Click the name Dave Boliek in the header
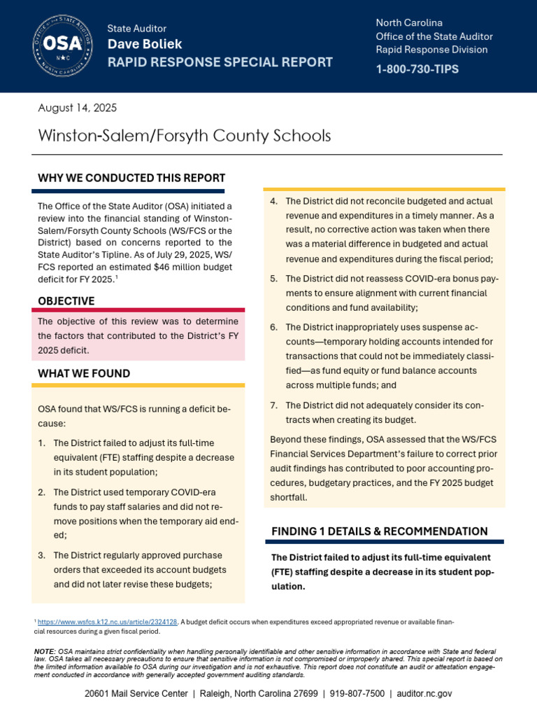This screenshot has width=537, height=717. click(x=145, y=44)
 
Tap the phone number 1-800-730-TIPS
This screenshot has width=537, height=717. click(x=418, y=69)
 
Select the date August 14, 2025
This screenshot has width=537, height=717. click(x=77, y=108)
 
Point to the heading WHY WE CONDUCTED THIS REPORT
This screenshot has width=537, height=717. click(x=131, y=178)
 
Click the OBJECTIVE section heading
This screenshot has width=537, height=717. click(x=66, y=301)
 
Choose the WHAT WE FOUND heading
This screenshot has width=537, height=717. click(x=84, y=374)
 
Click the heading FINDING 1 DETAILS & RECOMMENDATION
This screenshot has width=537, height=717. click(x=379, y=531)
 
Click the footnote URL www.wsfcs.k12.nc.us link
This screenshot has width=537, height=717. click(x=107, y=621)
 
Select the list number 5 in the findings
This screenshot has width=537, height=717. click(x=273, y=279)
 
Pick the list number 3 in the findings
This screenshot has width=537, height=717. click(x=42, y=556)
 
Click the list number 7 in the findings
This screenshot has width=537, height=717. click(x=273, y=406)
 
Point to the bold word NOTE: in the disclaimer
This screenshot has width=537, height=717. click(x=46, y=651)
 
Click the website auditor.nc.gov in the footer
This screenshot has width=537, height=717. click(x=424, y=693)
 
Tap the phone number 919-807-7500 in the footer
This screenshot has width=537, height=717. click(x=358, y=693)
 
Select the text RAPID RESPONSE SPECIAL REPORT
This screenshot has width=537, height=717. click(x=220, y=62)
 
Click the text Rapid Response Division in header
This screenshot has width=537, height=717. click(x=431, y=50)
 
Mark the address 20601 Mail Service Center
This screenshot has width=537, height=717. click(x=136, y=693)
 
